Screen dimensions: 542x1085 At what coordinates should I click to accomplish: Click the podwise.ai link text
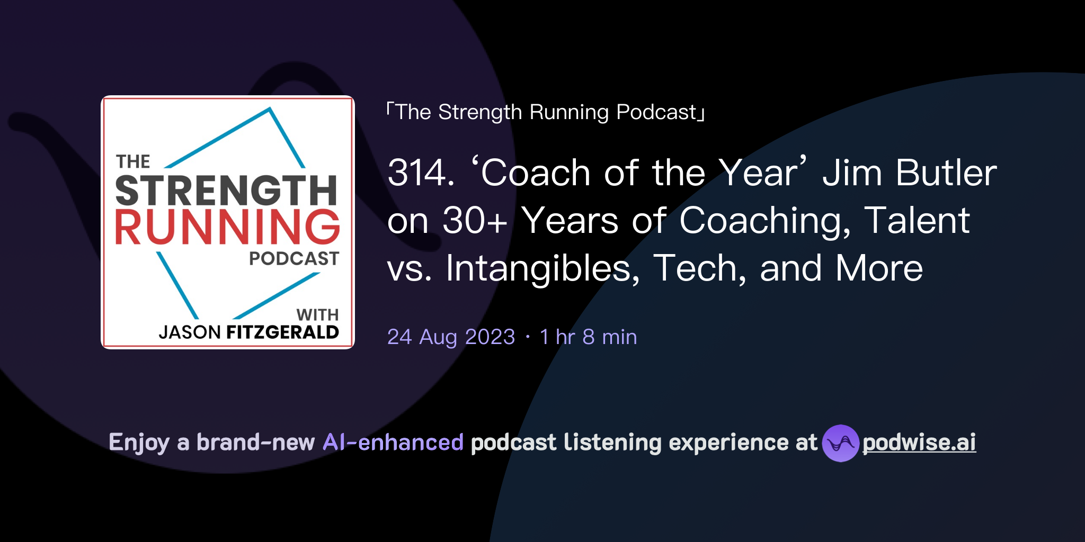pos(919,442)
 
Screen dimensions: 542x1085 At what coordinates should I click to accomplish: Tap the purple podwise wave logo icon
pos(840,443)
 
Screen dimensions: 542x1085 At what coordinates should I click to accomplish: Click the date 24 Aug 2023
pos(451,337)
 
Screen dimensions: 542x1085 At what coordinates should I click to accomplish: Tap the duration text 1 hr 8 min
pos(588,337)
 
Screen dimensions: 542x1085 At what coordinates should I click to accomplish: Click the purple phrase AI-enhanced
pos(393,442)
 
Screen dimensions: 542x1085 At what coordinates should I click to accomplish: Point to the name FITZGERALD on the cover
pos(282,332)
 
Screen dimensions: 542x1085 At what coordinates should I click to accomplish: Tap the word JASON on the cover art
pos(190,332)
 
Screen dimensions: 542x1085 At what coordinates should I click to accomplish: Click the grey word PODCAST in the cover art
pos(294,259)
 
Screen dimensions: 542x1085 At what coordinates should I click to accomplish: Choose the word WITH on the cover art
pos(317,315)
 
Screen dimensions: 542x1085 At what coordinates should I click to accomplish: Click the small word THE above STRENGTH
pos(133,161)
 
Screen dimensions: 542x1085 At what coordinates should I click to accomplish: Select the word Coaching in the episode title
pos(764,221)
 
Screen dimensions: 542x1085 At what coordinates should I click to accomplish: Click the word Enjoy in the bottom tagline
pos(139,442)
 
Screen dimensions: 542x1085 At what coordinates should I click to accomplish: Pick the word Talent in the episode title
pos(917,221)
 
